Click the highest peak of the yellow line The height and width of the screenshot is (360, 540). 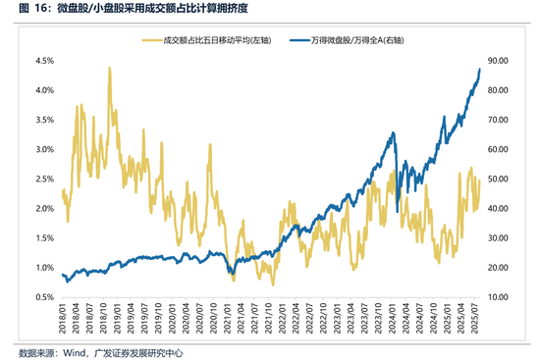pos(109,68)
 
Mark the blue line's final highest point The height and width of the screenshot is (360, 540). pos(480,70)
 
